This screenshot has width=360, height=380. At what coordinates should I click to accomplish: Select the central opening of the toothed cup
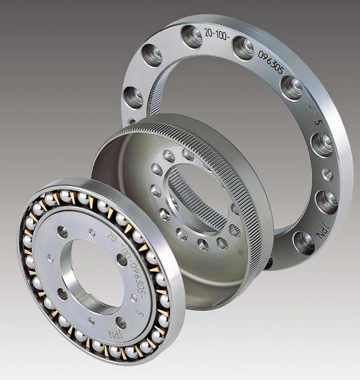196,198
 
